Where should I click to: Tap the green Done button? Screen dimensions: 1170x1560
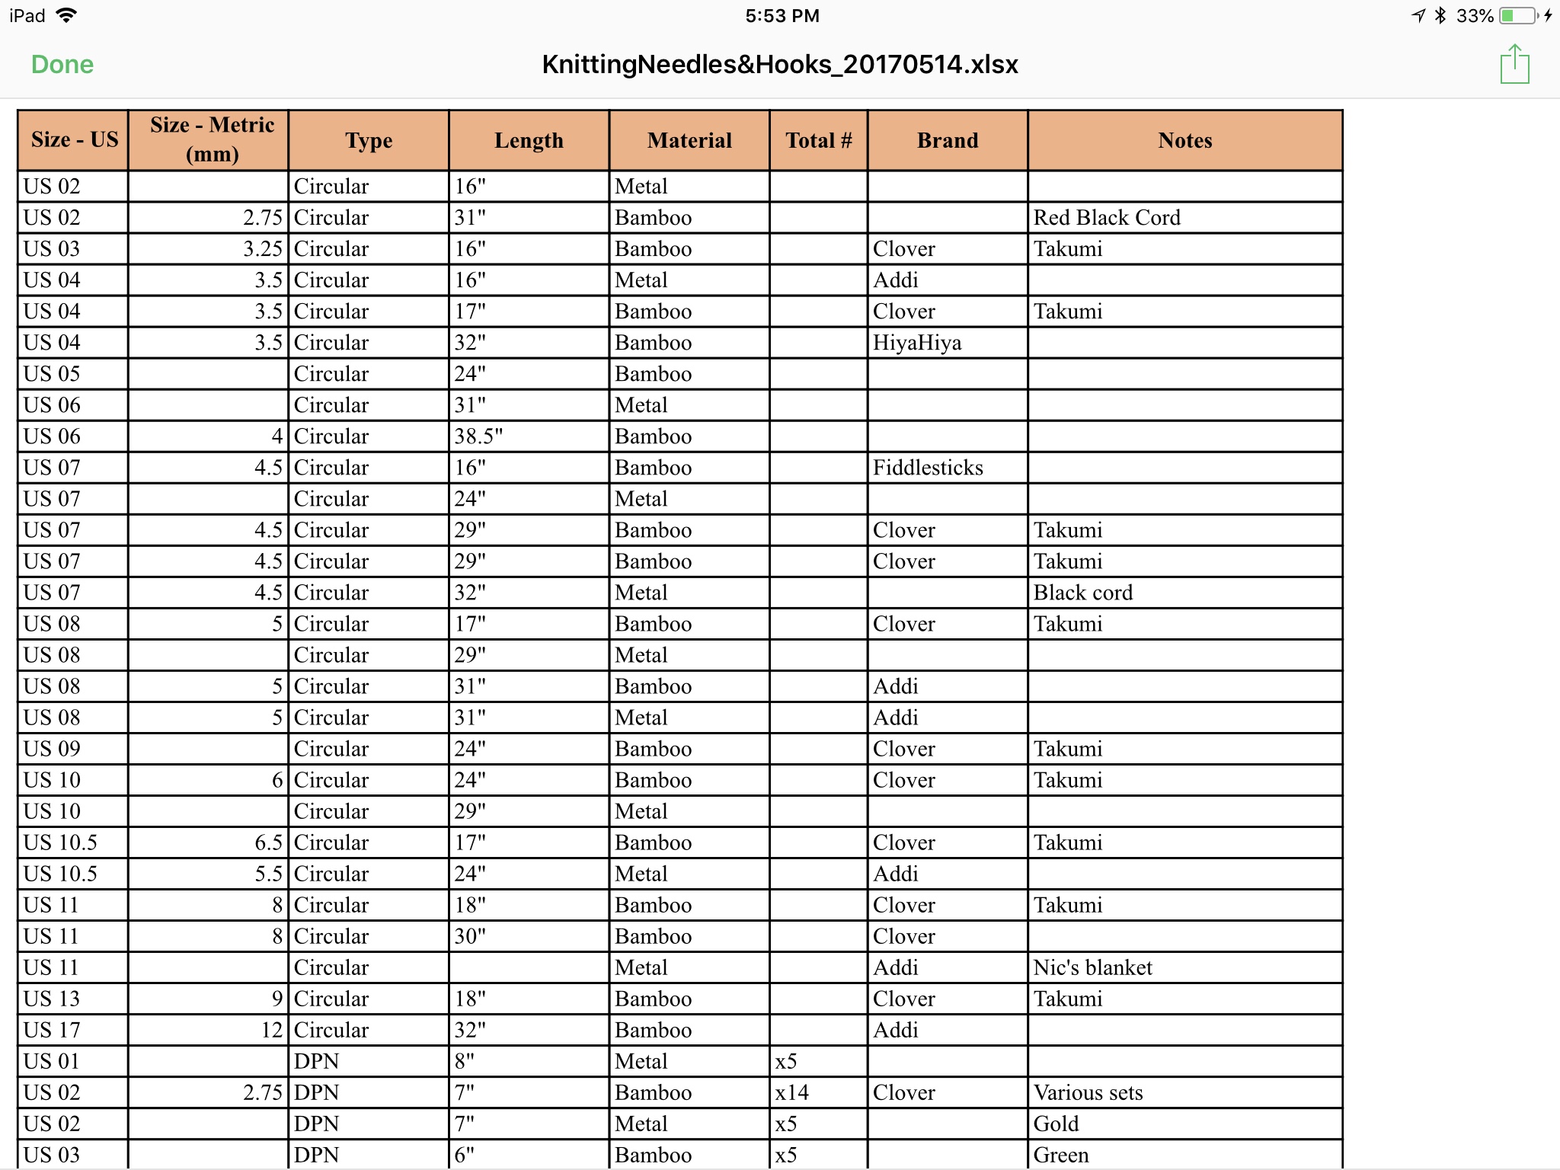point(62,65)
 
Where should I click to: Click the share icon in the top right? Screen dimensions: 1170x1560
point(1514,65)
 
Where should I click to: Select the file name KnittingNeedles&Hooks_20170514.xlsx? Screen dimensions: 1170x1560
point(779,65)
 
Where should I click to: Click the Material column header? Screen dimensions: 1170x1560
point(689,140)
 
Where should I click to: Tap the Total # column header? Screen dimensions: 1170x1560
point(818,140)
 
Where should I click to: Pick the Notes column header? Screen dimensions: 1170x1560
point(1184,140)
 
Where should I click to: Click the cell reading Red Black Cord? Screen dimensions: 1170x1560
point(1107,218)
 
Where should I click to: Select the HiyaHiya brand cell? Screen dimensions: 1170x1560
point(917,343)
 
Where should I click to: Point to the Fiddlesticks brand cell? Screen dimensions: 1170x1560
point(928,468)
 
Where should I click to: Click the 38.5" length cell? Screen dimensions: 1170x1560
point(479,436)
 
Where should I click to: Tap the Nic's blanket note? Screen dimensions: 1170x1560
point(1092,967)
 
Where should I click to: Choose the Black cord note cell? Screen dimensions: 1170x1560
point(1082,593)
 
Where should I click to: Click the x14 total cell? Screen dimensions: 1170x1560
point(792,1092)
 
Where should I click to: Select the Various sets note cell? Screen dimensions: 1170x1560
point(1088,1092)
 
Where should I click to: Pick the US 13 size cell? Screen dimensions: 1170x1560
point(52,999)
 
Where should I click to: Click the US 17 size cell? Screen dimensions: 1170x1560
point(52,1030)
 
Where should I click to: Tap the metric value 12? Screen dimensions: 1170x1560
point(271,1030)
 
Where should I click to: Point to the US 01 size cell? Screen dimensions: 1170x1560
point(52,1061)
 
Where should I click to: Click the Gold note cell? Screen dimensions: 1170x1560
point(1056,1124)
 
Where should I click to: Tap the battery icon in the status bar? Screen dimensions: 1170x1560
point(1518,16)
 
